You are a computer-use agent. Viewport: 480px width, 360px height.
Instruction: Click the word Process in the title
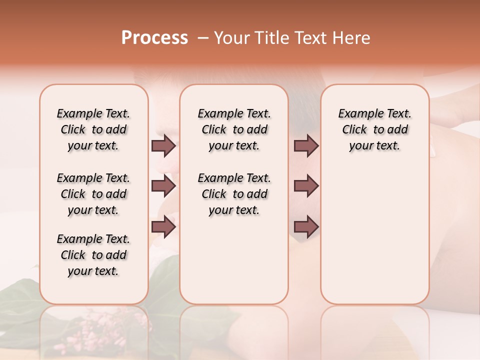154,38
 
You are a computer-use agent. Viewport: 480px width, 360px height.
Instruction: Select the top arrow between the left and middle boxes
163,146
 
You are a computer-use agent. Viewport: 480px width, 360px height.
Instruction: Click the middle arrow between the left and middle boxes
163,186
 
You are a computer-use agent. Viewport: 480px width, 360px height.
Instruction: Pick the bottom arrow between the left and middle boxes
163,227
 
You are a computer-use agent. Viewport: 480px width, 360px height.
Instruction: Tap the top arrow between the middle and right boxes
306,146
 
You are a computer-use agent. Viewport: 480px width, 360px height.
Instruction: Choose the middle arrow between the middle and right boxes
306,186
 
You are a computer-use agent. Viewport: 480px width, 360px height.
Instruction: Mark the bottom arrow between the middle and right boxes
306,227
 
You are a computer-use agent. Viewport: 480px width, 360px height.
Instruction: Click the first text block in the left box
93,129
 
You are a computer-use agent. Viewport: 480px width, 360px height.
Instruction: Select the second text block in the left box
93,194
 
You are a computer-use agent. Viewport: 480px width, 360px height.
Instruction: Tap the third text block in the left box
93,255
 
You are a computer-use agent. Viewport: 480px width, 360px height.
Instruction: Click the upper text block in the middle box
234,129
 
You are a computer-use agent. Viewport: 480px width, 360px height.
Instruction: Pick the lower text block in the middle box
234,194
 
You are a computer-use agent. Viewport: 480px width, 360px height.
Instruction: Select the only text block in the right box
375,129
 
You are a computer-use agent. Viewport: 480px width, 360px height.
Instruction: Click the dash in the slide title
202,38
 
